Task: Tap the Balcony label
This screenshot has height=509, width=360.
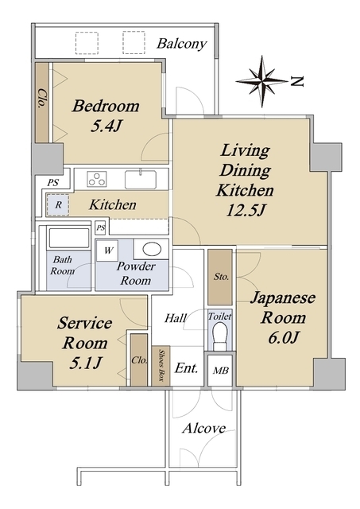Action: coord(181,44)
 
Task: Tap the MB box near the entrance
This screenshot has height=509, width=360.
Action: coord(220,371)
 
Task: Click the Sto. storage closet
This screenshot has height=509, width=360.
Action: coord(219,277)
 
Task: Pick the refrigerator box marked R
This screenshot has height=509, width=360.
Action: coord(59,205)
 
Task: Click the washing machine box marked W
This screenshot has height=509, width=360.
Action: coord(106,249)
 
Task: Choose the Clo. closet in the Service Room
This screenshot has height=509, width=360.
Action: coord(139,359)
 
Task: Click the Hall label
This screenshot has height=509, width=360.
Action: coord(176,319)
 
